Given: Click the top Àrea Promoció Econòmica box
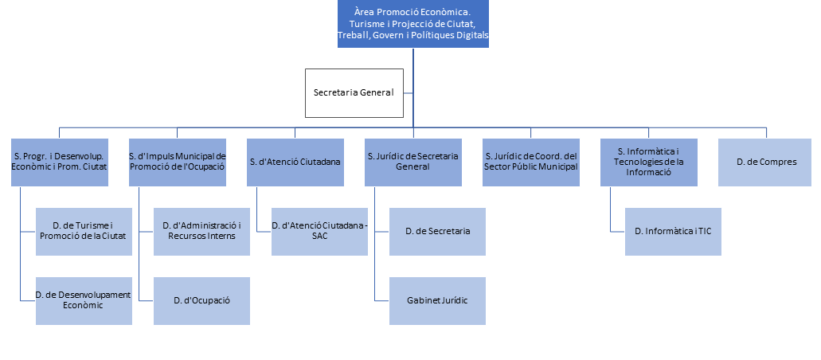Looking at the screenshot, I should point(413,24).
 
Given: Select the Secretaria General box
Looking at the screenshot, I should point(354,92).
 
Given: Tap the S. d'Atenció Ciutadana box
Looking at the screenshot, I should point(295,162).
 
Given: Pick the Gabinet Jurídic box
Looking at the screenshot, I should point(437,300).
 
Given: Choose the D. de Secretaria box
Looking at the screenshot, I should point(437,232).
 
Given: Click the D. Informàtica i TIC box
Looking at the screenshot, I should point(673,232).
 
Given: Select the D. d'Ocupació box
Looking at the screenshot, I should point(201,300).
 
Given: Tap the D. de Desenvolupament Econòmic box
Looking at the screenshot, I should point(84,300).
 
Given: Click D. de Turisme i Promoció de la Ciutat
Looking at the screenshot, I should point(84,232).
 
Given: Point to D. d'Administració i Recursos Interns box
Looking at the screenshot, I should point(201,232).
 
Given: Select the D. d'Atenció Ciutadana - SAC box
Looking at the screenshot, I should point(319,232).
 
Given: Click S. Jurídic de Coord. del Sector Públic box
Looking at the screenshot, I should point(531,162).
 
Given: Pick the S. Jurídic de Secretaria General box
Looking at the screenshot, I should point(413,162).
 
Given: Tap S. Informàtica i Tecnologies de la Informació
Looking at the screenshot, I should point(649,162).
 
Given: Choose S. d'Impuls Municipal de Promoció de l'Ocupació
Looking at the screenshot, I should point(178,162).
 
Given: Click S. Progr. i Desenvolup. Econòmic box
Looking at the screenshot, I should point(60,162).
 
